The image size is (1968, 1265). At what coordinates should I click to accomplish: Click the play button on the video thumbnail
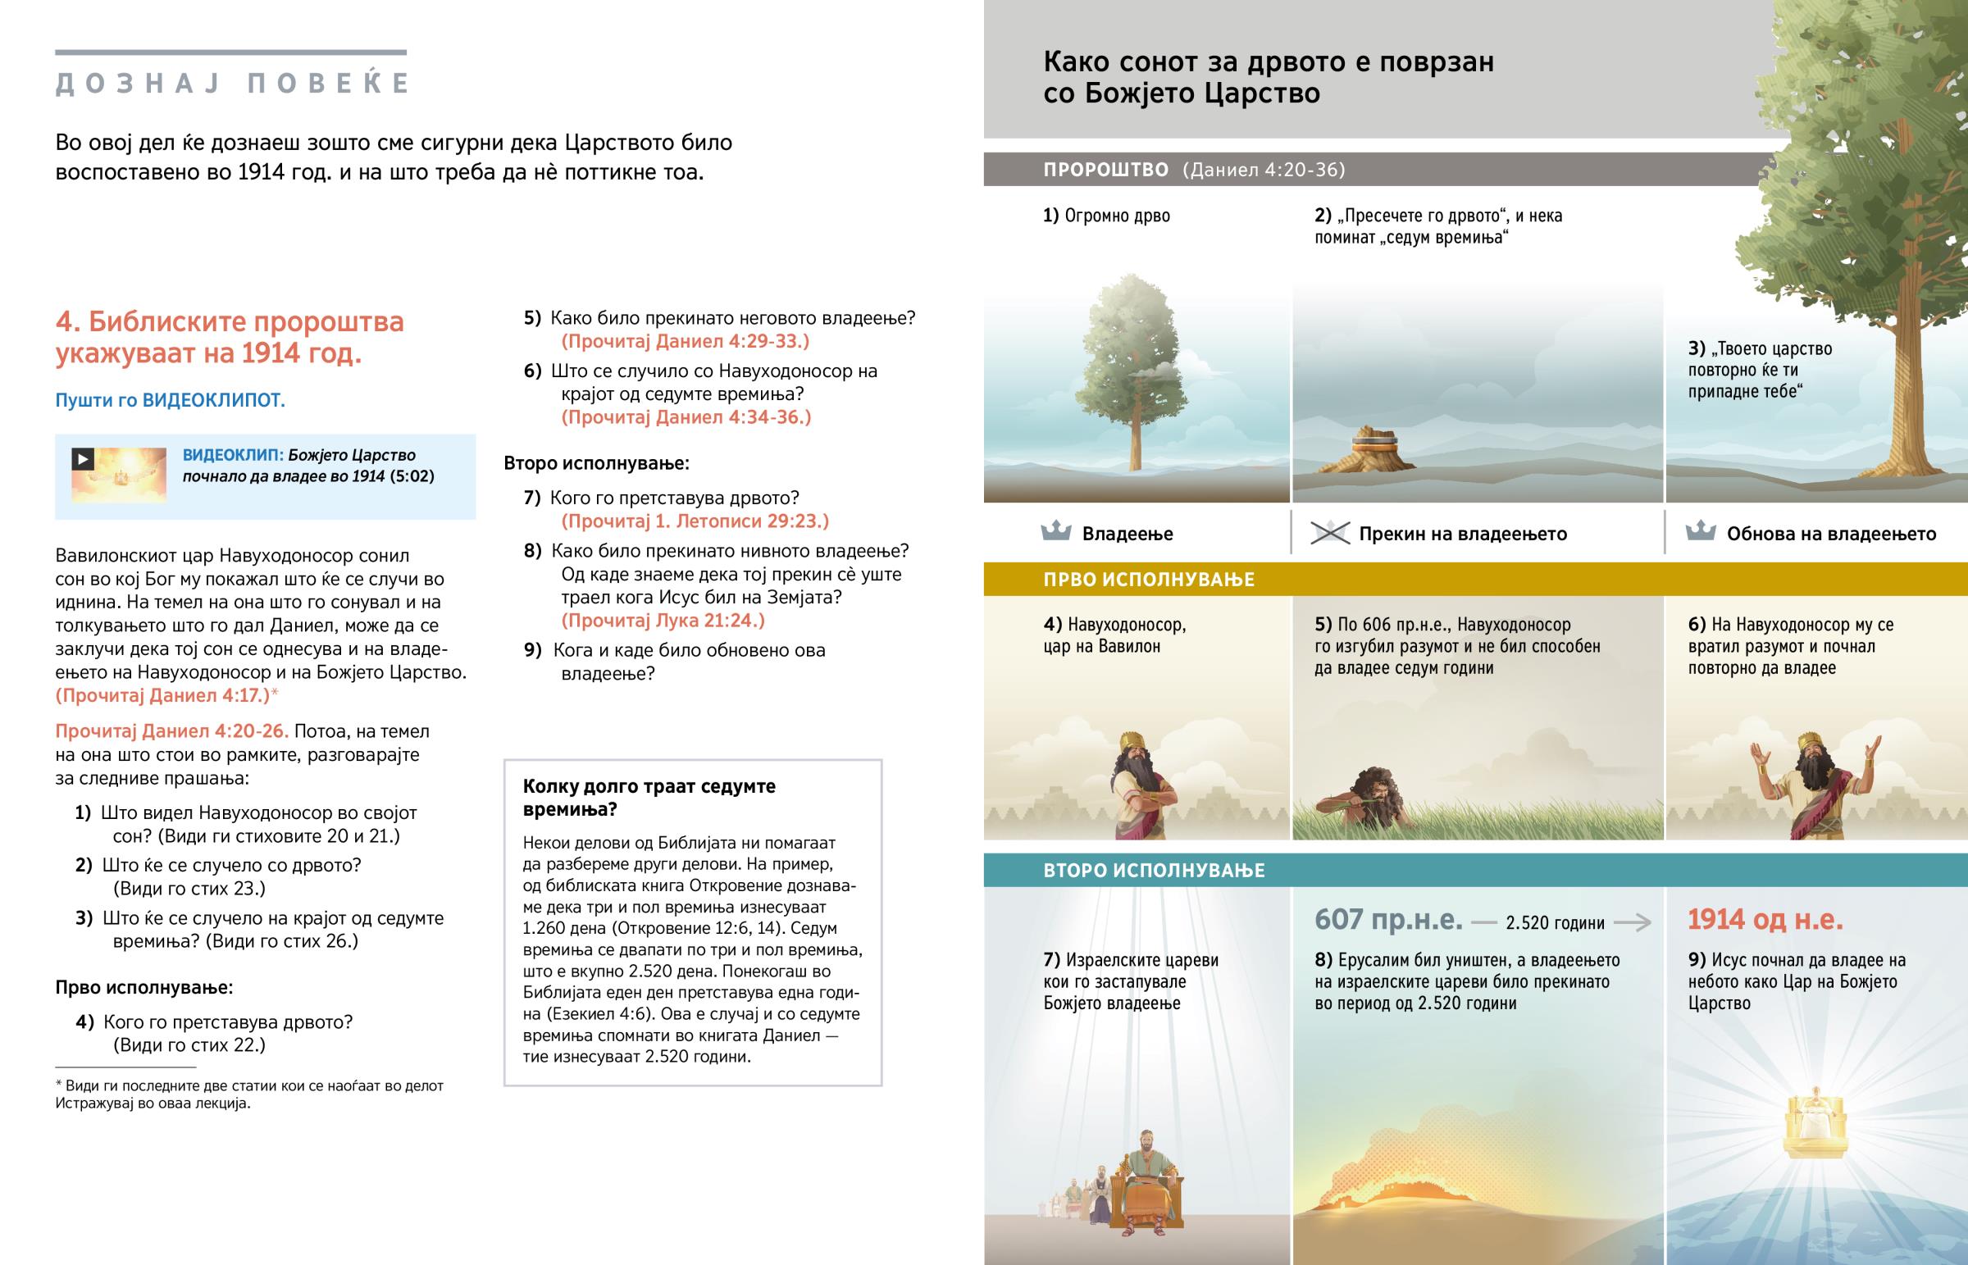click(82, 458)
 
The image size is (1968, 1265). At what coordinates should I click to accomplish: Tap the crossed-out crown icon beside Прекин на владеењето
click(1330, 533)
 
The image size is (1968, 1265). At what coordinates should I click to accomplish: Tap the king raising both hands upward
click(1816, 780)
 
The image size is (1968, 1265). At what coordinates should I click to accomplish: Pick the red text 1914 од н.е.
click(1765, 919)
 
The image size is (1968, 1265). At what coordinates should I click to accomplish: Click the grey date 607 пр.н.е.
click(1388, 919)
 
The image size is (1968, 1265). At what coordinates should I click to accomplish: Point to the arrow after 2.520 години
click(1632, 922)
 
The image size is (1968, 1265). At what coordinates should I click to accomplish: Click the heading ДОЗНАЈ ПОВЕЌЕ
click(232, 84)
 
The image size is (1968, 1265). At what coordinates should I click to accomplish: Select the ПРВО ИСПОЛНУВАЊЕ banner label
click(1148, 579)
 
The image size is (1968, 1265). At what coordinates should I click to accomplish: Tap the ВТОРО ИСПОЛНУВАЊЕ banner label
click(1153, 870)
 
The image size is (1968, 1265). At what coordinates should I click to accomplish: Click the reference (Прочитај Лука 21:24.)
click(663, 620)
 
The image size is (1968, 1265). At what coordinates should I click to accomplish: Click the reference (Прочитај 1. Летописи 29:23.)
click(695, 521)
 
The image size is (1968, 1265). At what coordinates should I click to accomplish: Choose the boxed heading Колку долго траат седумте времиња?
click(649, 797)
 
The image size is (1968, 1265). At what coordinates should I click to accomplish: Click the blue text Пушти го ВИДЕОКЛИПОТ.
click(170, 400)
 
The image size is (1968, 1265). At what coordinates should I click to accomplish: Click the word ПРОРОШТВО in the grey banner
click(1105, 170)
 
